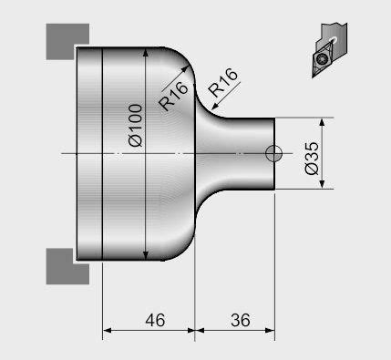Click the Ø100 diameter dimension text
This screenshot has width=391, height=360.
coord(134,127)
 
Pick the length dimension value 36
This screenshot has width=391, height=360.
coord(241,321)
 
